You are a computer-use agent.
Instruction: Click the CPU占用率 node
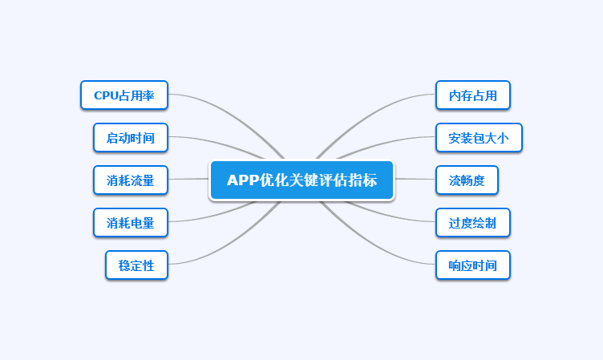(x=123, y=95)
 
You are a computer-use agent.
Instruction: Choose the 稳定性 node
(x=136, y=265)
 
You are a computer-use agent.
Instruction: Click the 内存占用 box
(x=473, y=95)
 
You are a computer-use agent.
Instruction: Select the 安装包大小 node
(x=479, y=137)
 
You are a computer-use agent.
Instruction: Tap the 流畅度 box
(x=467, y=180)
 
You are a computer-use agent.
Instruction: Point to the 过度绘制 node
(x=473, y=222)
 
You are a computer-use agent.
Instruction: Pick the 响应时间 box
(x=473, y=265)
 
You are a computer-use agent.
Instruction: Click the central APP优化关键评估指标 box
(x=301, y=180)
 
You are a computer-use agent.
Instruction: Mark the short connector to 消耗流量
(x=188, y=179)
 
